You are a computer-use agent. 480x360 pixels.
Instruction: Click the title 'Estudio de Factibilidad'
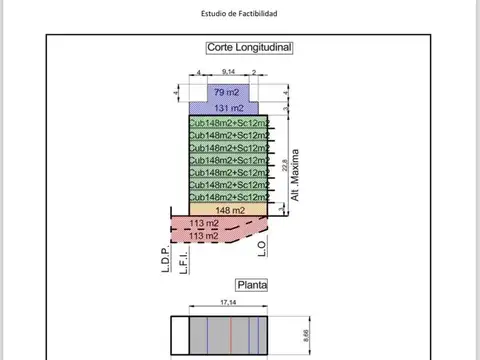pyautogui.click(x=239, y=14)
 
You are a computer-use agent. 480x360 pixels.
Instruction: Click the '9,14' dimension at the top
pyautogui.click(x=229, y=73)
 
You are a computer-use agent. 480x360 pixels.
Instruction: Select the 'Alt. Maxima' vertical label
pyautogui.click(x=296, y=176)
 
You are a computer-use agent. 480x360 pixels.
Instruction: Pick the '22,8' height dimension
pyautogui.click(x=285, y=165)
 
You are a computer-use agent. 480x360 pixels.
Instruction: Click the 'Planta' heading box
pyautogui.click(x=250, y=284)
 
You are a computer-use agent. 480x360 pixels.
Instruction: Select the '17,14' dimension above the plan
pyautogui.click(x=229, y=302)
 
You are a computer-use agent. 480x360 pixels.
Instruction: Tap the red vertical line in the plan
pyautogui.click(x=231, y=332)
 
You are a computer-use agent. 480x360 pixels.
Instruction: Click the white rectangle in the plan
pyautogui.click(x=180, y=332)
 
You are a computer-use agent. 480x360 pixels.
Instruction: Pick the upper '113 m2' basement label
pyautogui.click(x=204, y=223)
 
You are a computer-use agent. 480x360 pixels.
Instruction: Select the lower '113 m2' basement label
pyautogui.click(x=204, y=236)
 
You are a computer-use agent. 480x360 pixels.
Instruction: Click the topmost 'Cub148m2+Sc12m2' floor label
pyautogui.click(x=229, y=123)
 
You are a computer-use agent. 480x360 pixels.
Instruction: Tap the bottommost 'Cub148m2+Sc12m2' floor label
pyautogui.click(x=229, y=197)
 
